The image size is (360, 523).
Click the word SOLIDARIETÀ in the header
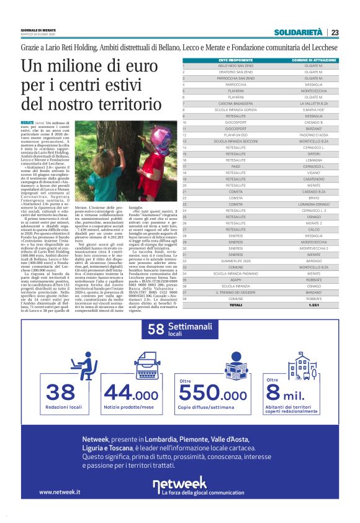click(x=299, y=32)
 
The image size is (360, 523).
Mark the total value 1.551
click(x=313, y=305)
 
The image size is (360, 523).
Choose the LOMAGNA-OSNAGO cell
click(x=313, y=203)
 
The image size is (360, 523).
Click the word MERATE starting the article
click(x=27, y=124)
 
